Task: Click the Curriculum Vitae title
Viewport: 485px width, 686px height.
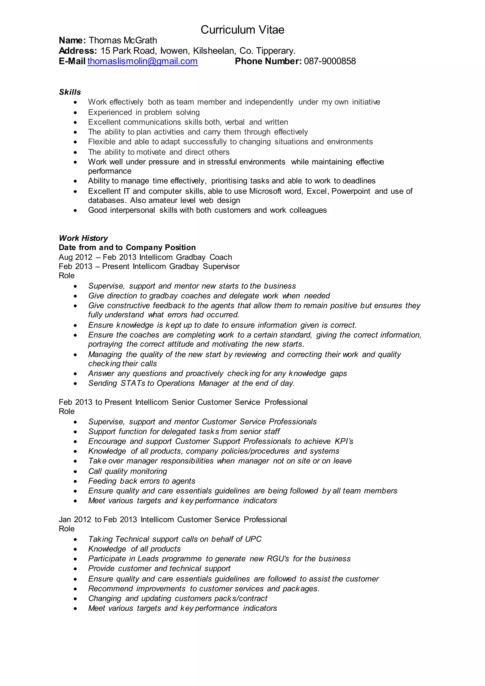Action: tap(242, 30)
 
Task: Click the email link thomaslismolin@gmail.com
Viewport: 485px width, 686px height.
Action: tap(143, 61)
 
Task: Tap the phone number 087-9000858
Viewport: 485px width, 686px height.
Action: tap(330, 61)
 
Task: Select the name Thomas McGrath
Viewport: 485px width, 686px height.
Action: tap(123, 40)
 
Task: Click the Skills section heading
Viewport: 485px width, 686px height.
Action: tap(70, 92)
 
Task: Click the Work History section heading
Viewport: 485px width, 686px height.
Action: tap(83, 238)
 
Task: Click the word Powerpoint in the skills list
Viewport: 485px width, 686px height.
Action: tap(351, 191)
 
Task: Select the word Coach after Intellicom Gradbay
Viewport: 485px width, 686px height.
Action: tap(221, 257)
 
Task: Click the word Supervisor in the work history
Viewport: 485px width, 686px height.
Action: tap(221, 266)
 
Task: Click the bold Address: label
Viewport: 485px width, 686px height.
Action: tap(78, 51)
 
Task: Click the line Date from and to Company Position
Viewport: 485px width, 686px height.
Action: tap(127, 247)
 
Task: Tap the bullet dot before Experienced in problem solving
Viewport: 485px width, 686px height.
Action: tap(76, 113)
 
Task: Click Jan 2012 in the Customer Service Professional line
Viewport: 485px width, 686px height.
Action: tap(75, 519)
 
